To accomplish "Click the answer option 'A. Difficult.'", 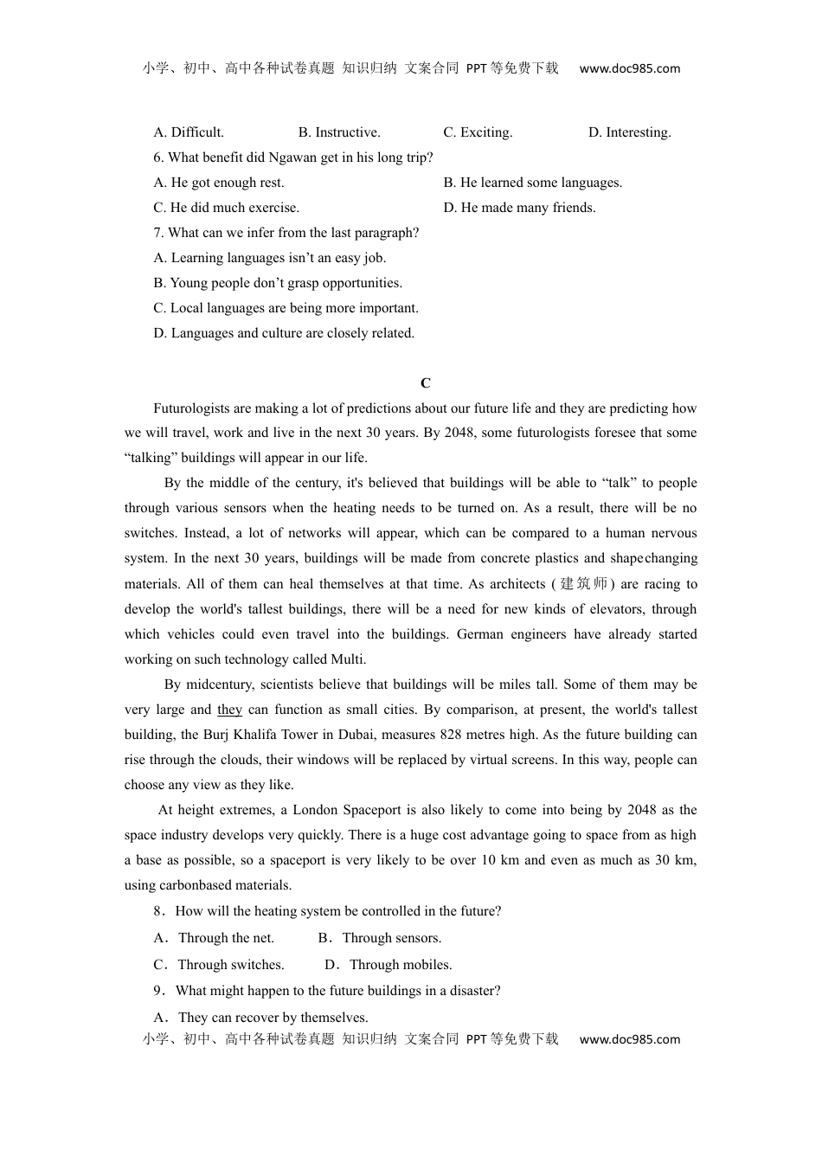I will pos(189,132).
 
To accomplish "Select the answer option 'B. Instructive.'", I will pos(339,132).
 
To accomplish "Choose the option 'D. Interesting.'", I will pos(629,132).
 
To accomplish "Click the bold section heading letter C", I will pos(425,383).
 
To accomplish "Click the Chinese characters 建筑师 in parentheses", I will pos(584,584).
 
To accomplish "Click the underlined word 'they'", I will pos(229,710).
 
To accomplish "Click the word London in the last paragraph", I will pos(315,810).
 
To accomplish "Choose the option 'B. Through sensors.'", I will pos(380,938).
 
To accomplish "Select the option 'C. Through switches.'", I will pos(219,965).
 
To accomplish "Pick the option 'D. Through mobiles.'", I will pos(389,965).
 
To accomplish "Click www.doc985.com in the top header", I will pos(629,69).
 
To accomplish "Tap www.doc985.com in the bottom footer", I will pos(629,1039).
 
